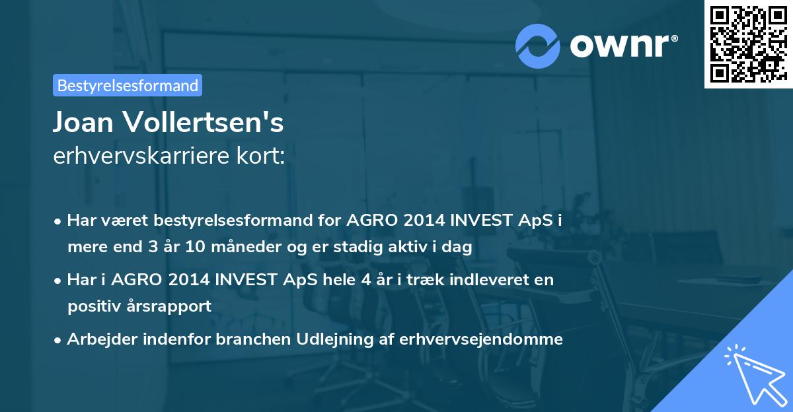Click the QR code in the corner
[x=748, y=44]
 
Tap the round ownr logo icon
[x=538, y=46]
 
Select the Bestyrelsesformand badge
[x=128, y=85]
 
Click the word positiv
[x=92, y=306]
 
